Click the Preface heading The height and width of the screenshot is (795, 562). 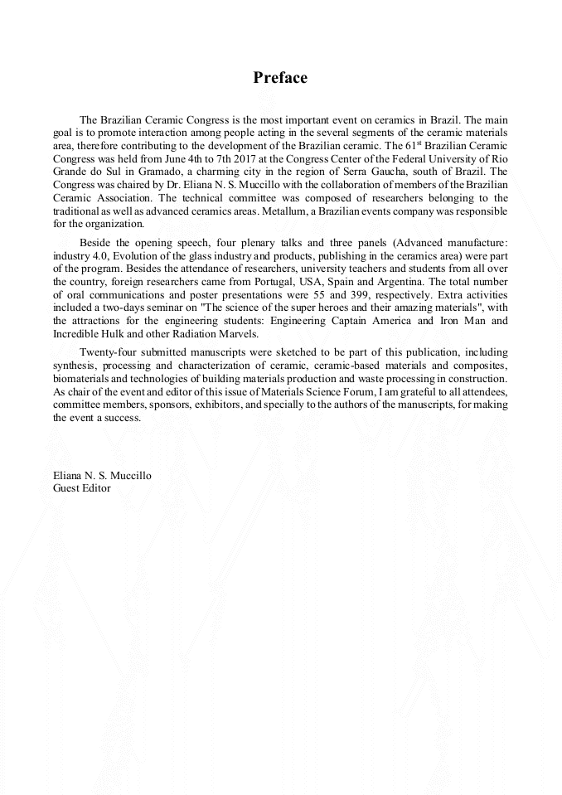pos(280,78)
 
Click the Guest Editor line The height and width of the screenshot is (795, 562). pos(81,488)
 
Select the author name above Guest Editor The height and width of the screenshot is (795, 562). pos(101,476)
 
